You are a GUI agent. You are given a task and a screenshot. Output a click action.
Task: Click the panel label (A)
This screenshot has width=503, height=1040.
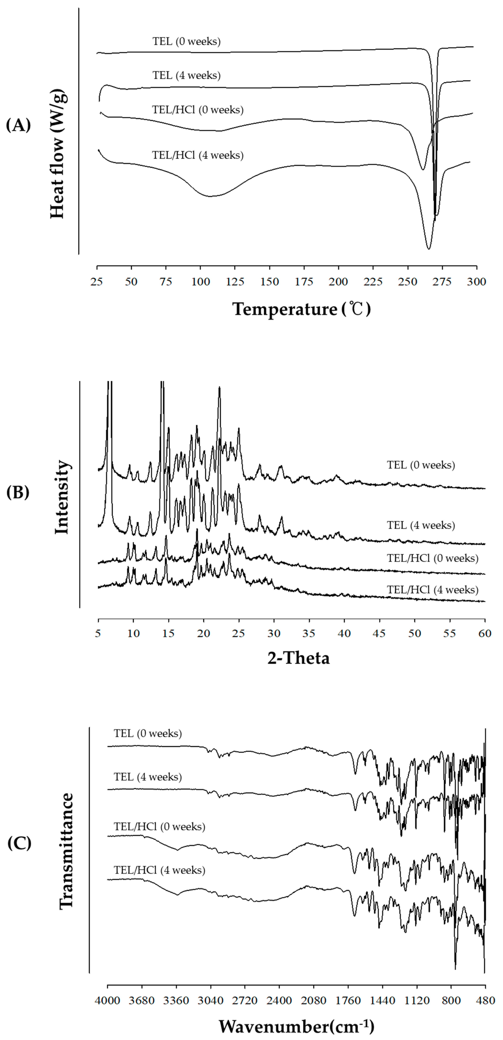tap(18, 126)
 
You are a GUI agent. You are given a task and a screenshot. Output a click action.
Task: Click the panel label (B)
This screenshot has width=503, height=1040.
tap(18, 493)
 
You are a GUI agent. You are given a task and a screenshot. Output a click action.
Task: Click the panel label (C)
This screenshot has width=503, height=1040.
tap(19, 843)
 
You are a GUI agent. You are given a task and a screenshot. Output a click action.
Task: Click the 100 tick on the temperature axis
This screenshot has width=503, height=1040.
tap(200, 282)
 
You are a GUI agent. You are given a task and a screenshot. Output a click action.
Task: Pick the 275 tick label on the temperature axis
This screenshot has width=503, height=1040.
tap(442, 282)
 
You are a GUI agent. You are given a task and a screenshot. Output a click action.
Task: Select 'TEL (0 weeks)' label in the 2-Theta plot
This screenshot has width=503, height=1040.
tap(420, 465)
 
